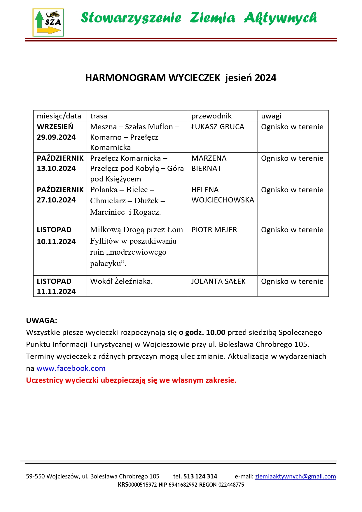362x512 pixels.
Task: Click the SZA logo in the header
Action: [48, 22]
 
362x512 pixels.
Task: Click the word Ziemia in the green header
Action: [212, 18]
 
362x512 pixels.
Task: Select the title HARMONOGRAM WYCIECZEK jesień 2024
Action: [181, 78]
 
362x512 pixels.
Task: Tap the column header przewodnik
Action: [211, 116]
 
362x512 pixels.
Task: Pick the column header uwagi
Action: [271, 116]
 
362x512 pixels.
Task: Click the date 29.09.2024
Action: [56, 137]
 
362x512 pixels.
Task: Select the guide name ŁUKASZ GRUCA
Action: [218, 127]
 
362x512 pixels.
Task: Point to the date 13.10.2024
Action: [56, 168]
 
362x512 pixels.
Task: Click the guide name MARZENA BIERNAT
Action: [209, 163]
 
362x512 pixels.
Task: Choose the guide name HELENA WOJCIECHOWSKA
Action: [223, 195]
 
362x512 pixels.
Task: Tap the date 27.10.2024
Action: [56, 200]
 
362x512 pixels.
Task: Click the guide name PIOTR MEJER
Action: [214, 230]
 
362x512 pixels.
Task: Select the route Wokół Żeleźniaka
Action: [121, 281]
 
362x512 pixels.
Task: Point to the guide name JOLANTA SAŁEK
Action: [218, 281]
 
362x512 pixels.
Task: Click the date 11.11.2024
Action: [56, 291]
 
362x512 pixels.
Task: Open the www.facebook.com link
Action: [71, 368]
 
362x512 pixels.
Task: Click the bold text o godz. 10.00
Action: [202, 332]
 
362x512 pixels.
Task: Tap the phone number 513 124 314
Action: [200, 476]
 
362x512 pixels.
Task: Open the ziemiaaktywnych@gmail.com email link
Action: [295, 476]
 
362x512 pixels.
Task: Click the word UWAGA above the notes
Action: [41, 320]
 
